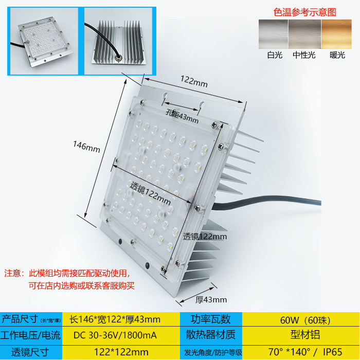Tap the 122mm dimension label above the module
193,81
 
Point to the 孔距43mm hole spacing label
182,116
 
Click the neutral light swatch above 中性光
305,34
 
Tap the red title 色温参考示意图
305,11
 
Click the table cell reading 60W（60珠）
301,320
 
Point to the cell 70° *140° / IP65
301,352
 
